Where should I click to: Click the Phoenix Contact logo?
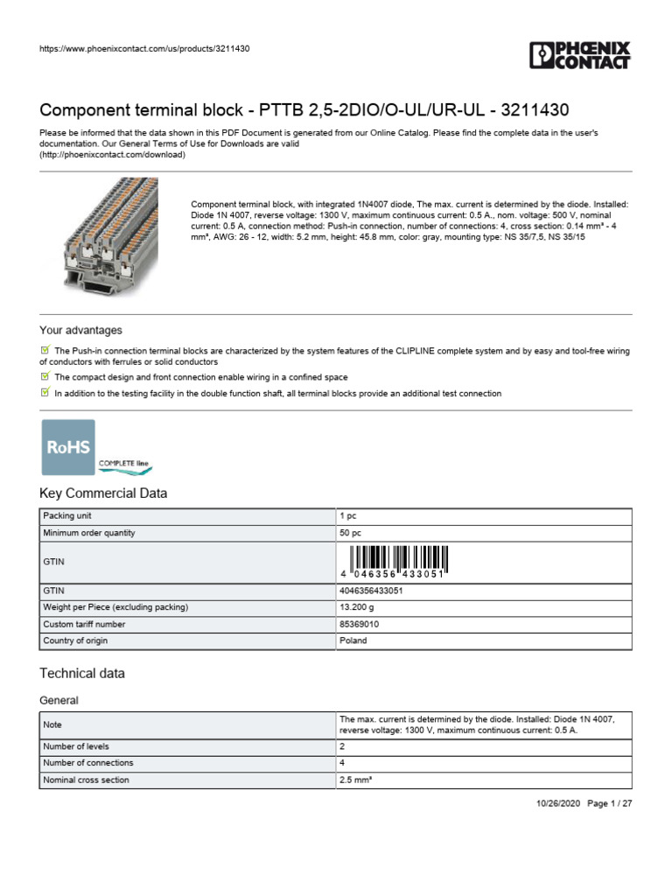579,55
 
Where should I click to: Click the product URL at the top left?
144,49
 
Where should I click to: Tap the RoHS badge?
69,446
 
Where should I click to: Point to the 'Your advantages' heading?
80,331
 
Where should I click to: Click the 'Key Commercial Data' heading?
103,493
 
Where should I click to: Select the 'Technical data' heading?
82,674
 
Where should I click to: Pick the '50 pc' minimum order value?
352,533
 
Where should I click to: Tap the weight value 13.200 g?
357,607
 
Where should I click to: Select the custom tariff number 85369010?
359,625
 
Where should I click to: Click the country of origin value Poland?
353,641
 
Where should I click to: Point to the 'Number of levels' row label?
76,746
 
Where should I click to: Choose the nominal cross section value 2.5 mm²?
357,780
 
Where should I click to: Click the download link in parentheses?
113,154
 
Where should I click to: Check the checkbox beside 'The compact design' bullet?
45,376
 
